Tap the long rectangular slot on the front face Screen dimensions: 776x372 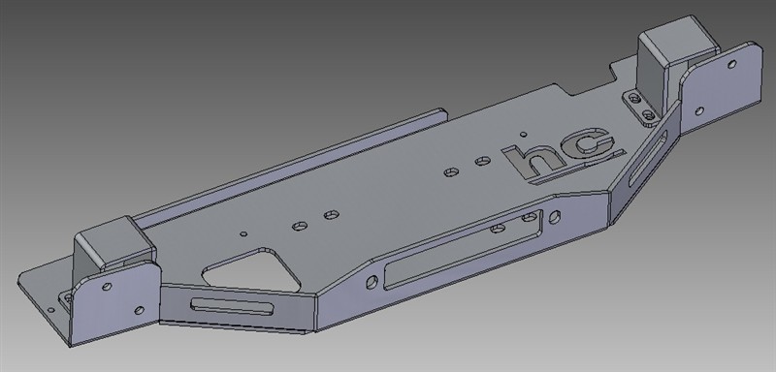(463, 250)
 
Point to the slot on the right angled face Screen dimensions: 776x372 (647, 159)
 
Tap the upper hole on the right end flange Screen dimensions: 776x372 (732, 64)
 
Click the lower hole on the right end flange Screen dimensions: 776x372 (699, 111)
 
